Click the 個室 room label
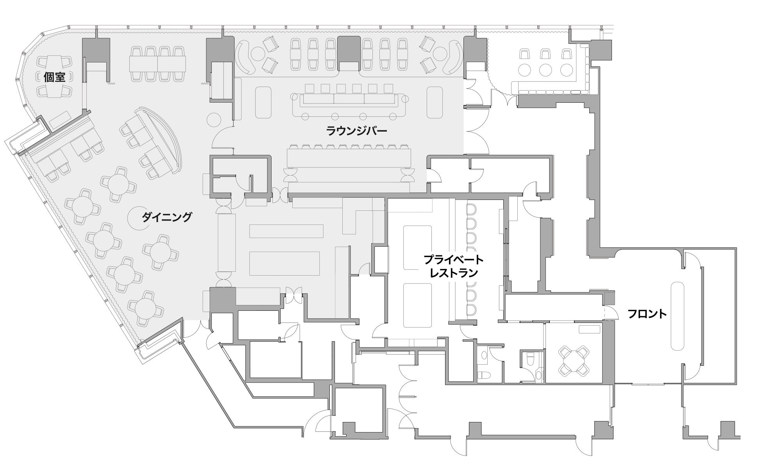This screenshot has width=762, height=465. pos(54,77)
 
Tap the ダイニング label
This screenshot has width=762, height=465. pos(167,217)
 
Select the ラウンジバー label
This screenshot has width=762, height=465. pos(356,131)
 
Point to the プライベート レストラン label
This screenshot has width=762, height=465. pos(454,266)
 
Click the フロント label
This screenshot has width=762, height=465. pos(647,314)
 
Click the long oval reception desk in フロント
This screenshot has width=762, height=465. pos(677,316)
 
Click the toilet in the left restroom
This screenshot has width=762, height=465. pos(484,375)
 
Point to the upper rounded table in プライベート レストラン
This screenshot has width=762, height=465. pos(417,248)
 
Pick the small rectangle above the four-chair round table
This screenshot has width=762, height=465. pos(589,329)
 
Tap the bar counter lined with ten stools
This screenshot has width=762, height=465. pos(349,159)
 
